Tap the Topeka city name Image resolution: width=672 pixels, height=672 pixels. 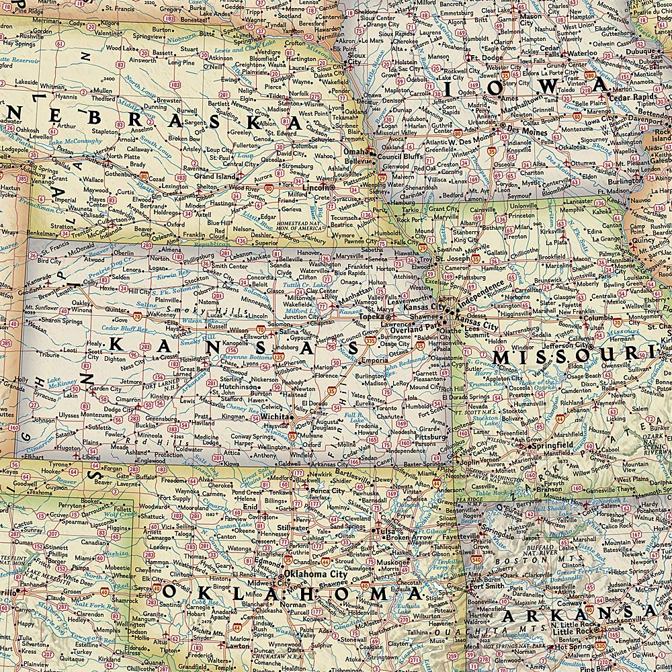[371, 315]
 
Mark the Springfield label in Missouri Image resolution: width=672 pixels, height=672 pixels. [550, 445]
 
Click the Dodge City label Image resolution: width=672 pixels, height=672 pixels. [118, 409]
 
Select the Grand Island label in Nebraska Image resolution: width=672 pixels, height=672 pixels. [214, 176]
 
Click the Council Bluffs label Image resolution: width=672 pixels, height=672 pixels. [401, 157]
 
